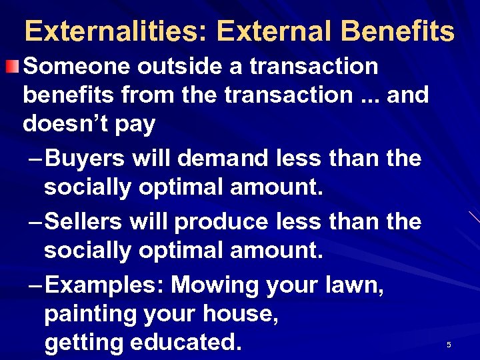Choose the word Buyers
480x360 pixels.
[x=86, y=159]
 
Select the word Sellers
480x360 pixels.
[x=87, y=221]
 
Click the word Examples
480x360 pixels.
[x=106, y=285]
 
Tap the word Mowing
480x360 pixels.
[x=215, y=285]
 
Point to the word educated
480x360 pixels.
[x=185, y=342]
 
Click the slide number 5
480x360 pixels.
[x=449, y=345]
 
